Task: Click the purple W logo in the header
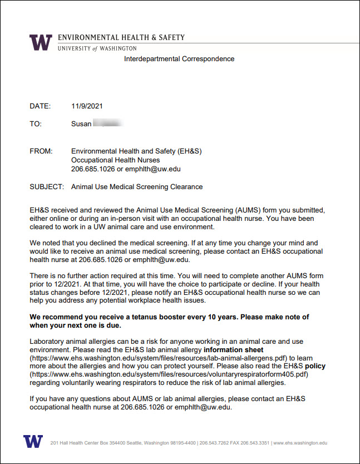coord(41,42)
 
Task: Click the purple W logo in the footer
coord(33,442)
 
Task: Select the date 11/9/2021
coord(87,106)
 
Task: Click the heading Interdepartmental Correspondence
coord(179,59)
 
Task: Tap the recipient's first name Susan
coord(81,124)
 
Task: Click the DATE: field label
coord(40,106)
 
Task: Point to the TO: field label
coord(36,124)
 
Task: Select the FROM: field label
coord(41,151)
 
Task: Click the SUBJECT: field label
coord(47,187)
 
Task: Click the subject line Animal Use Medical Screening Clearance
coord(137,187)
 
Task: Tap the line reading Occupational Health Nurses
coord(115,160)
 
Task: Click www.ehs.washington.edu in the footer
coord(300,443)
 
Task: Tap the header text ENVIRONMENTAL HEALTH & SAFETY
coord(121,38)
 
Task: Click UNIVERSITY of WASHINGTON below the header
coord(97,48)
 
